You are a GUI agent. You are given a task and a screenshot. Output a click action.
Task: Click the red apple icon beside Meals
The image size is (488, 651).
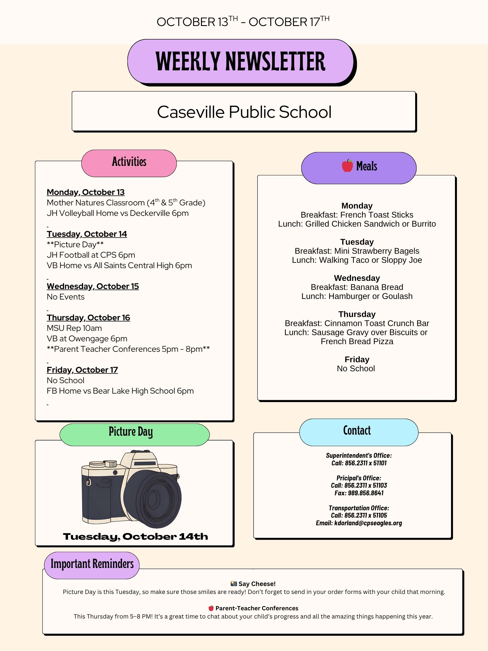347,166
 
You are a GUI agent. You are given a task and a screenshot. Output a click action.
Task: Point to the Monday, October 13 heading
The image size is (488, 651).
86,192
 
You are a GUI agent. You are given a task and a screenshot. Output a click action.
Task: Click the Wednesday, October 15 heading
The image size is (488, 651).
93,286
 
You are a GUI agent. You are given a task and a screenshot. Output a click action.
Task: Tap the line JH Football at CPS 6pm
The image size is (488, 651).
91,255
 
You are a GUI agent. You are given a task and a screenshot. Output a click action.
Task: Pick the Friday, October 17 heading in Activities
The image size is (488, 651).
82,370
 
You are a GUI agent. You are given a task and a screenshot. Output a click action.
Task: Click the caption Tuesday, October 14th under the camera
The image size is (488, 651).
135,537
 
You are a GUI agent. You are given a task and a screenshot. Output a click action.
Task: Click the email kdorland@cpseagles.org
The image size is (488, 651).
368,523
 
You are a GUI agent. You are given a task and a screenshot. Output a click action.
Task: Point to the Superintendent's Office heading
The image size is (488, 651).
359,455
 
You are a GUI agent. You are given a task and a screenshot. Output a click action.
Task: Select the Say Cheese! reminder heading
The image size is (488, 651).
256,583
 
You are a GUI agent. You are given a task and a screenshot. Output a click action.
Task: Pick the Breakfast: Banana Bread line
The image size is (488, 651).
357,287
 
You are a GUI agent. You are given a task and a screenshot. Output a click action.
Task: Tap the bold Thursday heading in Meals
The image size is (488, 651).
357,314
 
